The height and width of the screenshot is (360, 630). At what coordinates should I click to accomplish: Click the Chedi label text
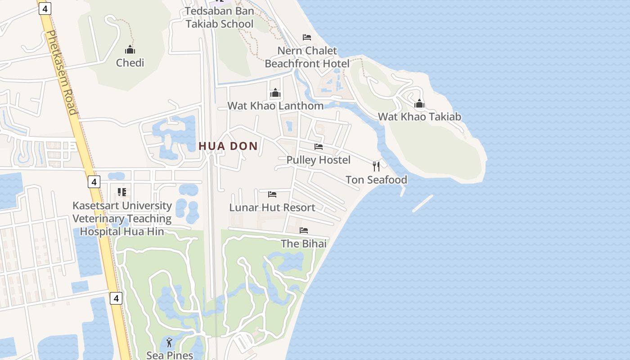click(x=130, y=63)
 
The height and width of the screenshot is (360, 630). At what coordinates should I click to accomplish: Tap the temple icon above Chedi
click(x=130, y=49)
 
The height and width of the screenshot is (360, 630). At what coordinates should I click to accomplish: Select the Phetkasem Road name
click(x=62, y=72)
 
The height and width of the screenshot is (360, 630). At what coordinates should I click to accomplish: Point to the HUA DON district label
click(x=228, y=146)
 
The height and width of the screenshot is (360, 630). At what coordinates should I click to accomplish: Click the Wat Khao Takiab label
click(x=419, y=117)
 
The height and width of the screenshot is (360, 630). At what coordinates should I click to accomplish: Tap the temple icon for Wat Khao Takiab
click(x=419, y=104)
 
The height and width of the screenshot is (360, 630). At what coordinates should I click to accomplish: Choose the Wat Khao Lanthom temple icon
click(x=275, y=93)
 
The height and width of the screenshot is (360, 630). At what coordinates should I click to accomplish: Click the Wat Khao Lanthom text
click(x=275, y=106)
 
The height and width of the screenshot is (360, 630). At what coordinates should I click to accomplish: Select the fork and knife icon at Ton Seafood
click(x=376, y=166)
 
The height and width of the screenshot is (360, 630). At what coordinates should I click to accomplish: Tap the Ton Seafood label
click(x=376, y=180)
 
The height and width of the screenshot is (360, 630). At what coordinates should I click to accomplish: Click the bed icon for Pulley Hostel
click(x=319, y=147)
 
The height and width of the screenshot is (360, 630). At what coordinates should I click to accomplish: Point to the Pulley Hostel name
click(x=319, y=160)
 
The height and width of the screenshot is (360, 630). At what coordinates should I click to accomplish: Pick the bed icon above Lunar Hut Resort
click(x=272, y=194)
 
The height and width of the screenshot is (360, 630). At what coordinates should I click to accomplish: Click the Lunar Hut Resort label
click(x=272, y=207)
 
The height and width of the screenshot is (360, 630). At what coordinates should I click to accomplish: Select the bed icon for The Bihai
click(x=304, y=230)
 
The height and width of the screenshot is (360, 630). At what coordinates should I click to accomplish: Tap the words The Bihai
click(x=304, y=243)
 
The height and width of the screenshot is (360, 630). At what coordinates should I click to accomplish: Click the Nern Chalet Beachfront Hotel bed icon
click(x=307, y=37)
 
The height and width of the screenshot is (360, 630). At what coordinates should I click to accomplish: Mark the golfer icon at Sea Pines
click(x=169, y=342)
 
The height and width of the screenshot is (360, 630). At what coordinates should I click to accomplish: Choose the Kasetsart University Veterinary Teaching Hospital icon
click(x=121, y=192)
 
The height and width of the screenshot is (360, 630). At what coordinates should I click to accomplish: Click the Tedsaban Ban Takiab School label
click(x=220, y=18)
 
